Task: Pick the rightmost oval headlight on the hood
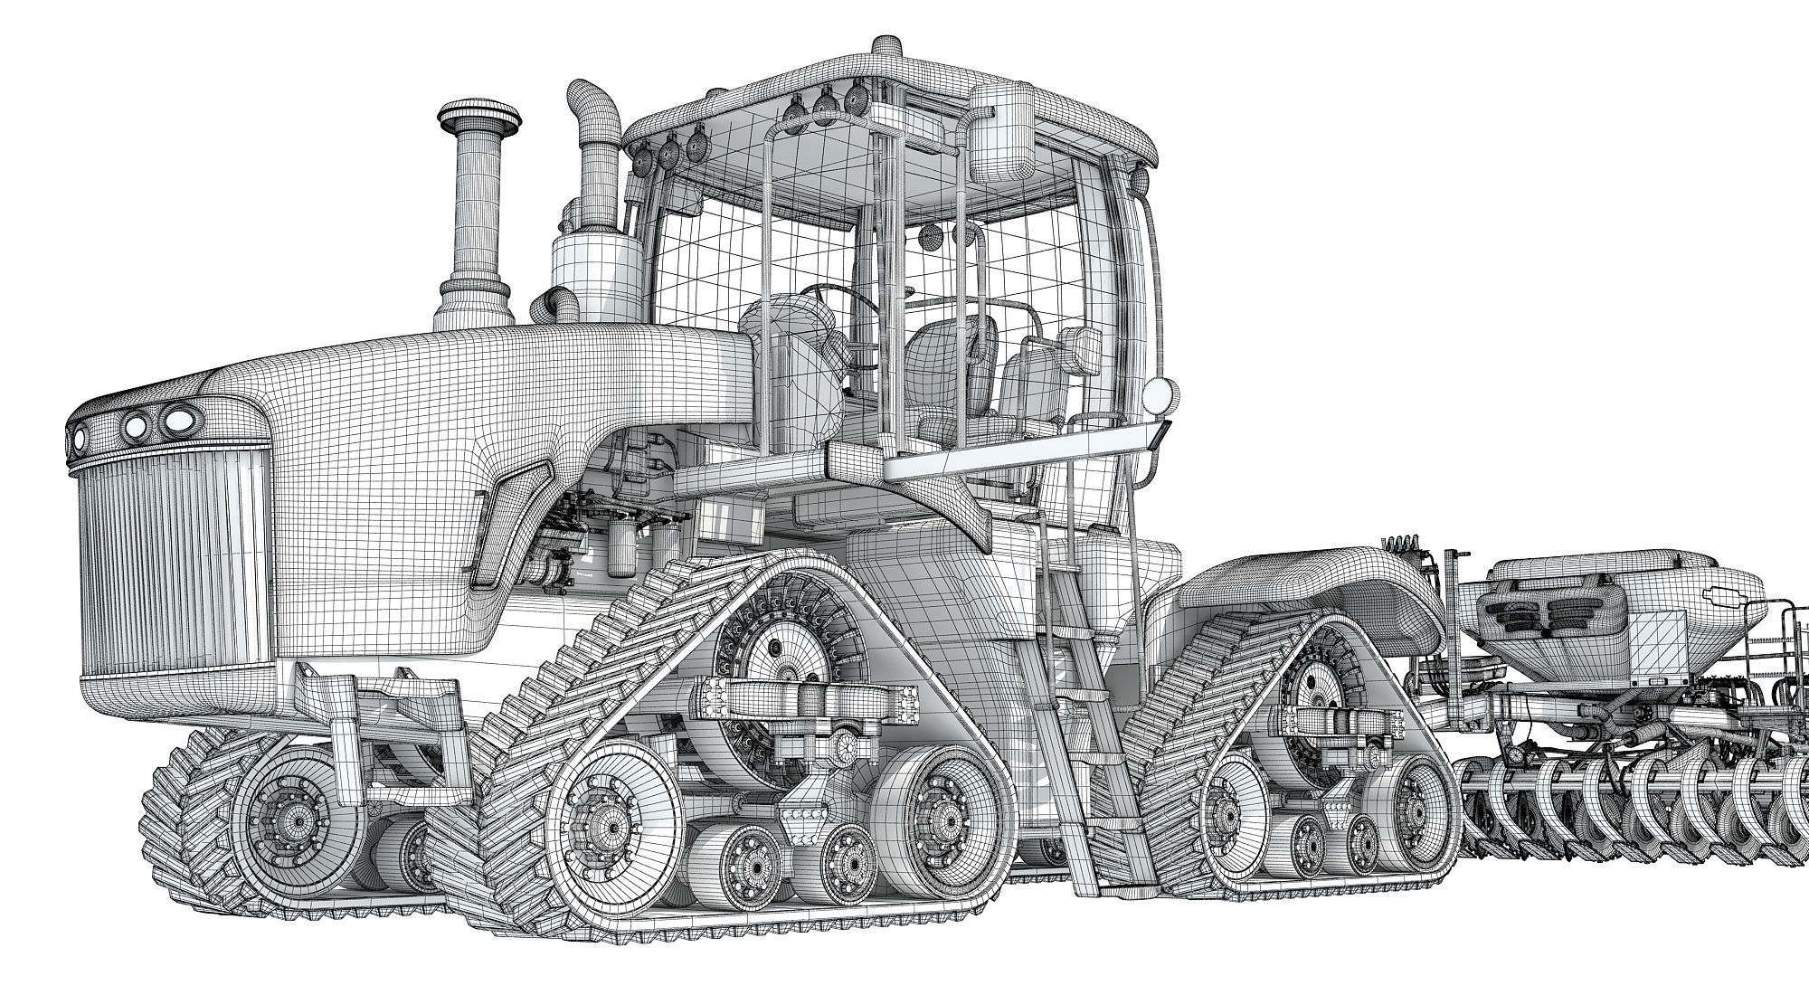coord(177,420)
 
